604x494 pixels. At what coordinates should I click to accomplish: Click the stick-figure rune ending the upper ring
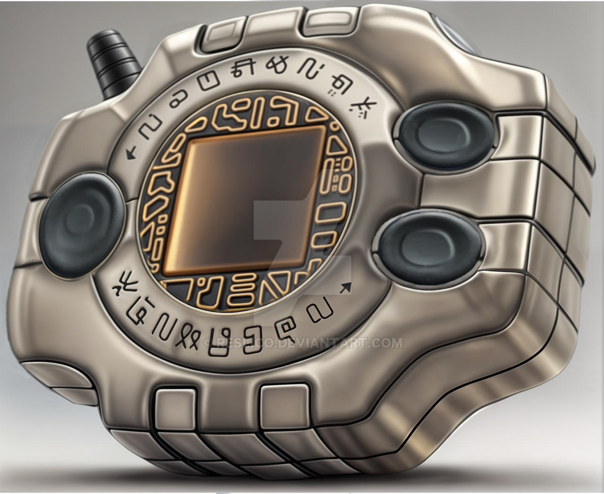[361, 104]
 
